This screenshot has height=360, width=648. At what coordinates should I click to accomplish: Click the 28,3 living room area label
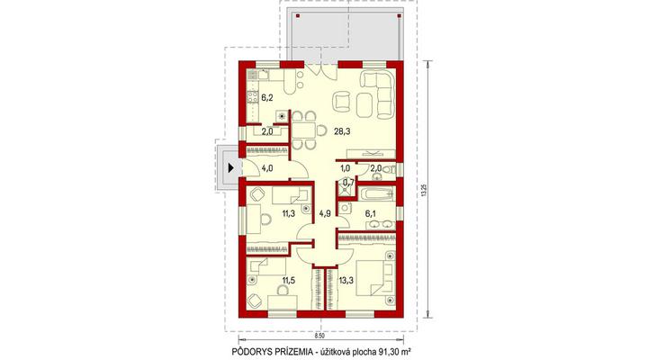341,131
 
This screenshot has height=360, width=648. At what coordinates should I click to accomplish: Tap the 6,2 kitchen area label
267,98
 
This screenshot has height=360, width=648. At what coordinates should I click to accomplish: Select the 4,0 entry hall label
267,168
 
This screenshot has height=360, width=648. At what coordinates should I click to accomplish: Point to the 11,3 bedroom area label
289,213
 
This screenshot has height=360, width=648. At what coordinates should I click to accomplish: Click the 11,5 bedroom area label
289,280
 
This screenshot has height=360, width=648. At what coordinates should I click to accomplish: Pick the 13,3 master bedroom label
346,280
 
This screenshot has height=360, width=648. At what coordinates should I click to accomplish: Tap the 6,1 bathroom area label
370,213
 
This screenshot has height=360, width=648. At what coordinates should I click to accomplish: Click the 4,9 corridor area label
325,213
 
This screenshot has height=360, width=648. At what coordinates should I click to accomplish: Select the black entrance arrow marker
230,168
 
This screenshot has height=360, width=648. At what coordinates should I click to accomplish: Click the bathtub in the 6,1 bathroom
375,193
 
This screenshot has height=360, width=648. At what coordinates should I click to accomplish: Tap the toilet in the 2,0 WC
388,168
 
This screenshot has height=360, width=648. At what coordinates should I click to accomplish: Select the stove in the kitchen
253,98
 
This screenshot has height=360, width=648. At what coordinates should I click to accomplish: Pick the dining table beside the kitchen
304,131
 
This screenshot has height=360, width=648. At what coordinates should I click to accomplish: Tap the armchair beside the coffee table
342,102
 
